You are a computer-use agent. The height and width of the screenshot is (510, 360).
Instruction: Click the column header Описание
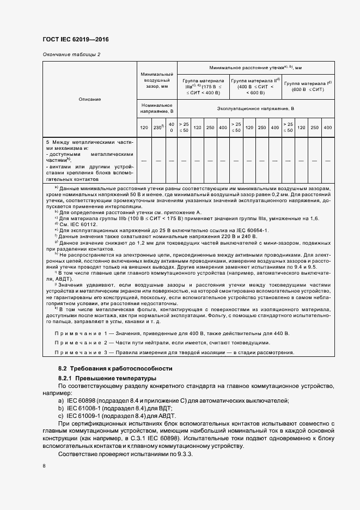pos(89,99)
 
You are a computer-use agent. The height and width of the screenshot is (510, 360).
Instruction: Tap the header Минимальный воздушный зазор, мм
pos(156,80)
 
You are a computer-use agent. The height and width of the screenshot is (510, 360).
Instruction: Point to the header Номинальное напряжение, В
pos(156,108)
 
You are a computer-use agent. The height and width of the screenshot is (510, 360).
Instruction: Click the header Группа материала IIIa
pos(203,86)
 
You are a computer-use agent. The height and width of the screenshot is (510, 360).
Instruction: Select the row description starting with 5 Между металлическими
pos(89,160)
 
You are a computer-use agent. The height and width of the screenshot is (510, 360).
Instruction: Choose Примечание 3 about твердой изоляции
pos(174,353)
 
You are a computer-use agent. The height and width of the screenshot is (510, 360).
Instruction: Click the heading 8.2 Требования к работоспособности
pos(115,369)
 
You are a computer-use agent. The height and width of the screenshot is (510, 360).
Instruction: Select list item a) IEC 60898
pos(174,401)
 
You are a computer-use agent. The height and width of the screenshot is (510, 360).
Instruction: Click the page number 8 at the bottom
pos(44,466)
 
